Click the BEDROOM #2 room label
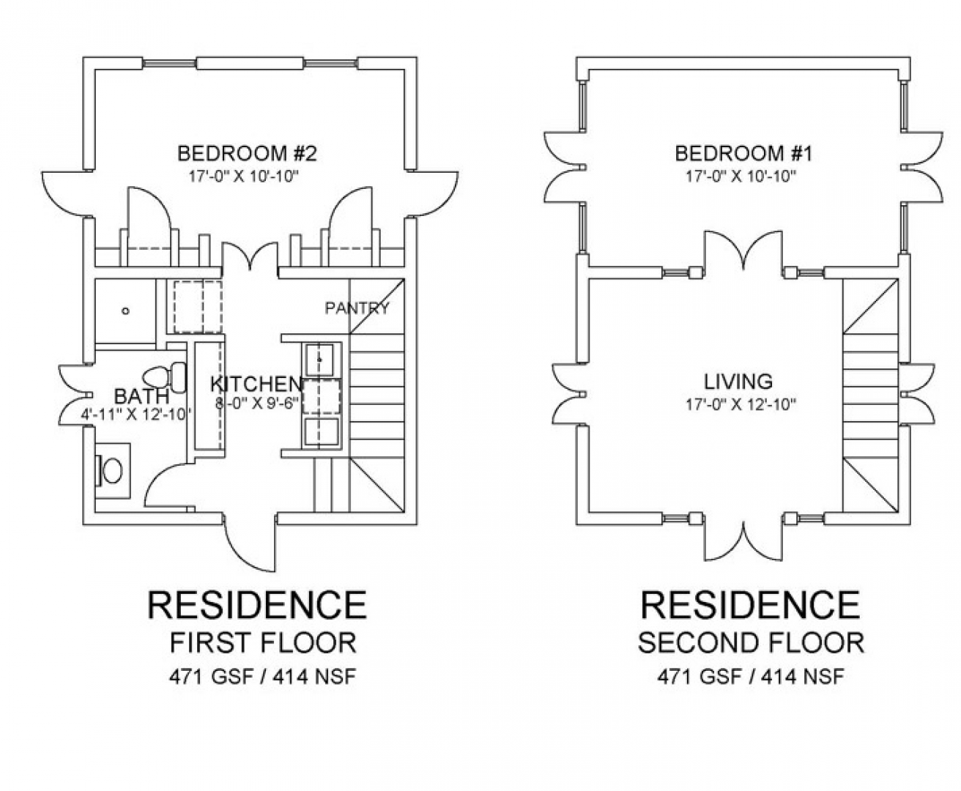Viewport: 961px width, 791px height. pyautogui.click(x=247, y=153)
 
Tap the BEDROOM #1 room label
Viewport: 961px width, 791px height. pyautogui.click(x=743, y=153)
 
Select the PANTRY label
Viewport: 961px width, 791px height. pyautogui.click(x=357, y=308)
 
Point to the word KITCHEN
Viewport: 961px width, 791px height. pyautogui.click(x=256, y=385)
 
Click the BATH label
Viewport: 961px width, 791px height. pyautogui.click(x=141, y=396)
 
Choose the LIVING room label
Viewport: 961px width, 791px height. pyautogui.click(x=738, y=382)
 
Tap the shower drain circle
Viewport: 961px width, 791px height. pyautogui.click(x=126, y=311)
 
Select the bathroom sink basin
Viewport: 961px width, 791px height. pyautogui.click(x=112, y=471)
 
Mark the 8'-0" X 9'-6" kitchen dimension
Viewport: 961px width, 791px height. pyautogui.click(x=257, y=404)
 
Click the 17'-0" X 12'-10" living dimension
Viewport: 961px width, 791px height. pyautogui.click(x=741, y=404)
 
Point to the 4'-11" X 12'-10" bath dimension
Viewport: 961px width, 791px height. pyautogui.click(x=136, y=415)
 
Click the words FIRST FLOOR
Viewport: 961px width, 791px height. pyautogui.click(x=263, y=643)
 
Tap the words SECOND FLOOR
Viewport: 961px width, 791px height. pyautogui.click(x=751, y=643)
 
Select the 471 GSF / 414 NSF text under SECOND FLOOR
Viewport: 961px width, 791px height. pyautogui.click(x=751, y=676)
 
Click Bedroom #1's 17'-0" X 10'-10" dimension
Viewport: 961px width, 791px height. pyautogui.click(x=741, y=177)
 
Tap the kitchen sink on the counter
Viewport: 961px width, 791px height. pyautogui.click(x=319, y=360)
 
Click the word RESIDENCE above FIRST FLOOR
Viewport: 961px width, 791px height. pyautogui.click(x=257, y=605)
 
